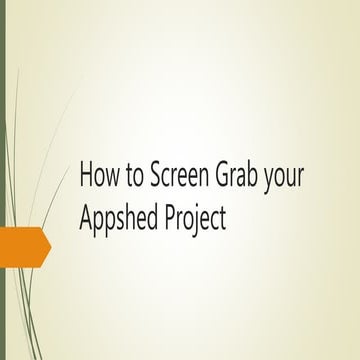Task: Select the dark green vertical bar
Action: coord(3,180)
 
